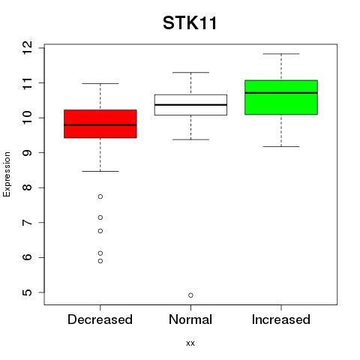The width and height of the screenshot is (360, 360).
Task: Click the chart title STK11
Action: [x=190, y=23]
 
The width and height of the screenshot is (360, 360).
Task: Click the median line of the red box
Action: [x=100, y=125]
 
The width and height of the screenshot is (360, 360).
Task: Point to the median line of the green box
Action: [x=281, y=93]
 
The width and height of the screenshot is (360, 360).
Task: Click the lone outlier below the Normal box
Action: [x=190, y=295]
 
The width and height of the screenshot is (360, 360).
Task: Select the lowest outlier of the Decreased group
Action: [x=100, y=261]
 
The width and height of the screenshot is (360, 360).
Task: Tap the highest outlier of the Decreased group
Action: [x=100, y=196]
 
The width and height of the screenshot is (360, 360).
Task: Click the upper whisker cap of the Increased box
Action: [x=281, y=54]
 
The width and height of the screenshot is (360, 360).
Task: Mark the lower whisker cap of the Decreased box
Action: [x=100, y=171]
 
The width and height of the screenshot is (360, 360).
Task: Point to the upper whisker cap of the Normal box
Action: [x=190, y=73]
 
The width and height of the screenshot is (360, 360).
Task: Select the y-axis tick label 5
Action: [x=27, y=292]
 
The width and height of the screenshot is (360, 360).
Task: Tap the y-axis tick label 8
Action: [x=27, y=187]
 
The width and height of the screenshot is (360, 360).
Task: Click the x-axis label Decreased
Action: [x=100, y=319]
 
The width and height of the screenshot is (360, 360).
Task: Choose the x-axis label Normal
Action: [x=190, y=319]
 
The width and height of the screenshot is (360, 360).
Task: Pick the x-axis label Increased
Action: [x=281, y=319]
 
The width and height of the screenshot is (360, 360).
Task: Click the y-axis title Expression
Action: [x=7, y=174]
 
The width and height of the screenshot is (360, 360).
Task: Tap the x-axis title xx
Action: [x=190, y=343]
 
